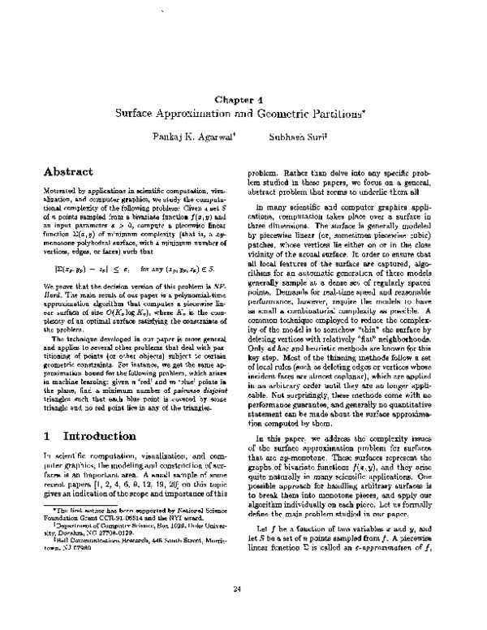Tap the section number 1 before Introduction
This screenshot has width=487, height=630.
(46, 436)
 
